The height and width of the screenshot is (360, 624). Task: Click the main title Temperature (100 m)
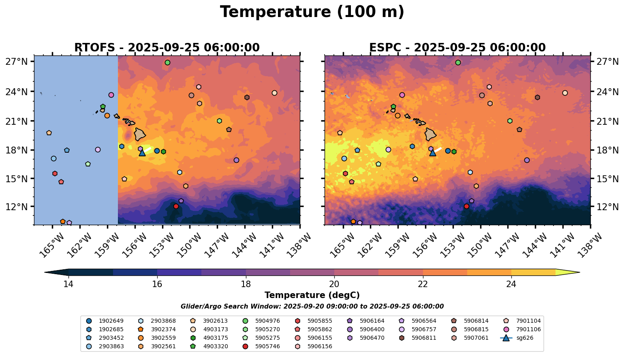312,12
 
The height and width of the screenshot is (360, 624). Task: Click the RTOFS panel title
167,48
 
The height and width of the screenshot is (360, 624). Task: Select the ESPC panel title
457,48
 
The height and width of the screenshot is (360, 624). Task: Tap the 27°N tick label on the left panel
17,61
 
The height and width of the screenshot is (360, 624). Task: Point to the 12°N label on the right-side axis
607,207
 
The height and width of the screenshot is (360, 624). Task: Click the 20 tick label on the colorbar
334,284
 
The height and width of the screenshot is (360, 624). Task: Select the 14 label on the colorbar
68,284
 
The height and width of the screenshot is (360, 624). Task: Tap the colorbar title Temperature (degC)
312,295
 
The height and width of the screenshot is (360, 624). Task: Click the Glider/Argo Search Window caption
312,307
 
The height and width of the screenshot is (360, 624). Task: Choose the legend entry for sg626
517,338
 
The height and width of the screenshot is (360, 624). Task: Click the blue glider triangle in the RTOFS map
142,153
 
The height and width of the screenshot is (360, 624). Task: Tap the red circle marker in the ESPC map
466,206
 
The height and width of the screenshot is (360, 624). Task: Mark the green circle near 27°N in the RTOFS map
167,63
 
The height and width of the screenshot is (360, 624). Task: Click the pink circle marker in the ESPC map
402,95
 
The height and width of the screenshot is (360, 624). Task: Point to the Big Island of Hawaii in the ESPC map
430,134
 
